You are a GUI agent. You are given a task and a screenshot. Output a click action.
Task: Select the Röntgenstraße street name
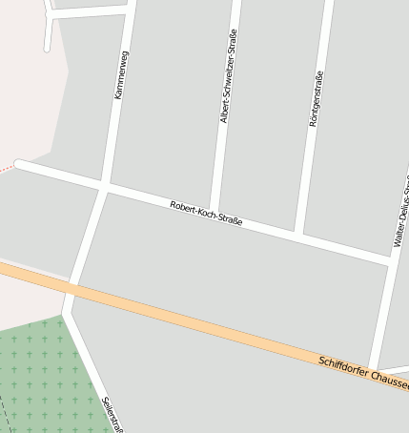[x=316, y=99]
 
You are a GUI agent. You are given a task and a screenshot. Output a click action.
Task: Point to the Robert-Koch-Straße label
[x=206, y=213]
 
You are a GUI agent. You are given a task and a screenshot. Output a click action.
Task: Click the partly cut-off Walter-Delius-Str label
[x=401, y=212]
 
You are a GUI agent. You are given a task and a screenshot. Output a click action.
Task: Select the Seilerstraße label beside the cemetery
[x=113, y=414]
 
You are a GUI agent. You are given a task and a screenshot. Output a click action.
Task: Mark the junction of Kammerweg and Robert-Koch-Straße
[x=103, y=185]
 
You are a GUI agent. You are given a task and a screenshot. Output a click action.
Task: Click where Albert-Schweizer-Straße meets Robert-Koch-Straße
[x=214, y=212]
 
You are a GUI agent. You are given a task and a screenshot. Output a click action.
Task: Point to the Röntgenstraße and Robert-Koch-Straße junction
[x=298, y=234]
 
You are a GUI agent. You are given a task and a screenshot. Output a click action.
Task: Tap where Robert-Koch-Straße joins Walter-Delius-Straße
[x=391, y=258]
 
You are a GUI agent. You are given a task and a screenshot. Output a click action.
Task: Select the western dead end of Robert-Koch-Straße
[x=19, y=165]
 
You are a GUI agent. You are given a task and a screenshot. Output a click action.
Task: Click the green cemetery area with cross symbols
[x=43, y=367]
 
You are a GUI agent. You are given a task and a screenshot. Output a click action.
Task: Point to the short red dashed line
[x=8, y=168]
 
